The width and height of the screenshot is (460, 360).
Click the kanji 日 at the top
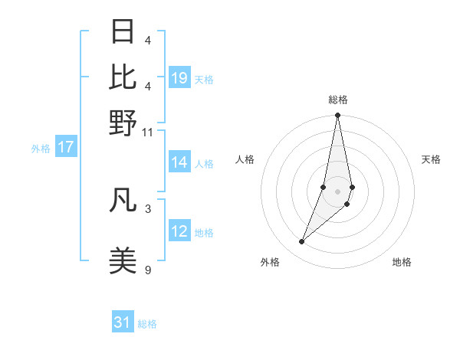[123, 32]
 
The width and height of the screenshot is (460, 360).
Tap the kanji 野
[123, 123]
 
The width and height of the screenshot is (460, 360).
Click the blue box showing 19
[179, 78]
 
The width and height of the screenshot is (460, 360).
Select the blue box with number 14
[179, 162]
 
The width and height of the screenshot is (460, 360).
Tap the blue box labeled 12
[179, 231]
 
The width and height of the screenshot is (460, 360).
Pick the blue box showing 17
[66, 147]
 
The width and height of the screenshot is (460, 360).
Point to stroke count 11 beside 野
[147, 133]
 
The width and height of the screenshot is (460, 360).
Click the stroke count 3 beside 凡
[147, 208]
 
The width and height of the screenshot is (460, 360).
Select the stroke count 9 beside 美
[147, 269]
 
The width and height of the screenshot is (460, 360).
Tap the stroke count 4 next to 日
[147, 39]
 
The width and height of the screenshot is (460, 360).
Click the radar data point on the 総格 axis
[337, 116]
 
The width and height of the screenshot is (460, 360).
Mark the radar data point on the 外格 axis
[302, 242]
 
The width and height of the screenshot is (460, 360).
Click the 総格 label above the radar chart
[337, 100]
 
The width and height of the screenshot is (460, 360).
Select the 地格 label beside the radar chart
[402, 262]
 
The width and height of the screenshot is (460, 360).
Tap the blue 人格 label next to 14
[204, 163]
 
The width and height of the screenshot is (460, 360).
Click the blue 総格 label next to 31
[147, 324]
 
